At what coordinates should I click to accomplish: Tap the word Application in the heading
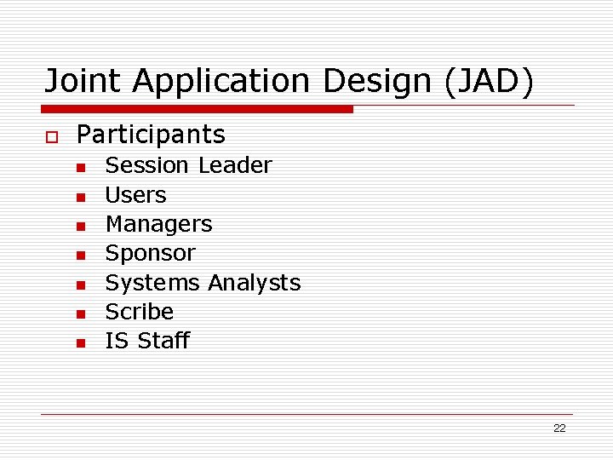click(x=221, y=81)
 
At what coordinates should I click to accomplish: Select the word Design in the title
click(x=375, y=81)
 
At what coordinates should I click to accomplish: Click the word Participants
click(x=151, y=135)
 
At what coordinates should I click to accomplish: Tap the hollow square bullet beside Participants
click(x=50, y=136)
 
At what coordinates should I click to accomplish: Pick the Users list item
click(x=135, y=195)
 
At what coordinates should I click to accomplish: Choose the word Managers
click(x=158, y=224)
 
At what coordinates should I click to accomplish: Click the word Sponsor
click(x=150, y=254)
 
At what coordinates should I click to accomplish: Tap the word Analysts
click(x=254, y=283)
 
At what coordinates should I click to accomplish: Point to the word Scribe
click(x=139, y=312)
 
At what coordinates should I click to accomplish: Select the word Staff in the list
click(x=163, y=341)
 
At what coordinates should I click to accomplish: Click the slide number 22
click(x=559, y=428)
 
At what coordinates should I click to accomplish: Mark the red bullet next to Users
click(x=80, y=197)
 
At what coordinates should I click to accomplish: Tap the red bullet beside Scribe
click(x=80, y=313)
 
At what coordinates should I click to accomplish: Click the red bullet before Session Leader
click(x=80, y=167)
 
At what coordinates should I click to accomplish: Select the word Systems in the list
click(x=153, y=283)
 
